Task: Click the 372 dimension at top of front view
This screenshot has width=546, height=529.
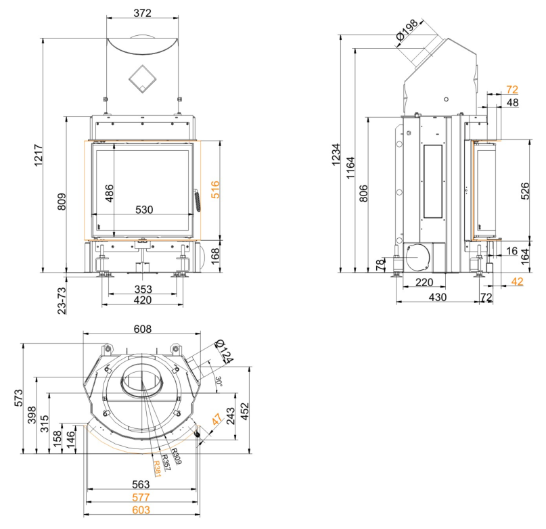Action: [x=142, y=13]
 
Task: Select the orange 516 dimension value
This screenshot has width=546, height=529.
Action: [x=215, y=189]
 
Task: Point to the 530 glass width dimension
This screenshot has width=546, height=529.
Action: [x=144, y=210]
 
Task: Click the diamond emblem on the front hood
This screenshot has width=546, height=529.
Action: [x=142, y=78]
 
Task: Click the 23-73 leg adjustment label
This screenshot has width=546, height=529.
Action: [x=62, y=298]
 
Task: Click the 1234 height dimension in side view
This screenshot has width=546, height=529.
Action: [x=345, y=159]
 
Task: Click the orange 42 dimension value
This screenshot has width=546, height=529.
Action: [x=518, y=281]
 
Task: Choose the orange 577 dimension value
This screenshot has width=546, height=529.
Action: [x=142, y=498]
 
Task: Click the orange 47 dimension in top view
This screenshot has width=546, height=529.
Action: [x=217, y=421]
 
